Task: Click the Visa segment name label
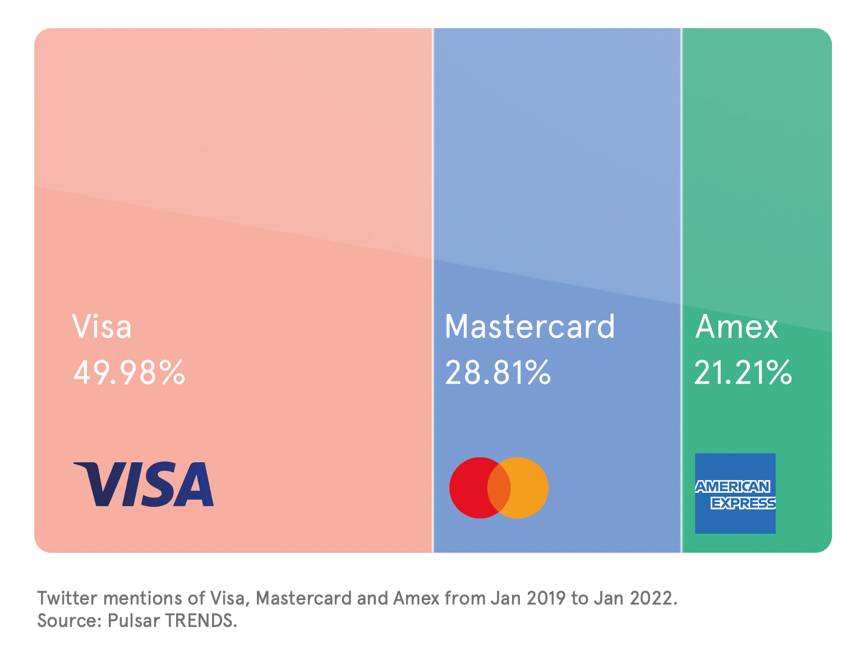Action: click(102, 326)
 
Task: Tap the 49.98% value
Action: click(129, 372)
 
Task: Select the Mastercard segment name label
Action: click(529, 326)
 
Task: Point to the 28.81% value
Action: click(498, 372)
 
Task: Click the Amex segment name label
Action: click(736, 326)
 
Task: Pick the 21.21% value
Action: click(743, 372)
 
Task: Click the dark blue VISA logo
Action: click(144, 485)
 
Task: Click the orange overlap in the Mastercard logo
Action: click(499, 488)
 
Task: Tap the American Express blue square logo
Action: click(735, 494)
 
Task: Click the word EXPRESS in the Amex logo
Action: click(743, 503)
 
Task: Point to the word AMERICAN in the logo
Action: click(733, 487)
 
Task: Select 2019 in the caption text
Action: click(546, 598)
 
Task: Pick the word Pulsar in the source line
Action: click(134, 621)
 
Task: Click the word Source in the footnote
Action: click(68, 621)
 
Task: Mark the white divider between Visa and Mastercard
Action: click(433, 290)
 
